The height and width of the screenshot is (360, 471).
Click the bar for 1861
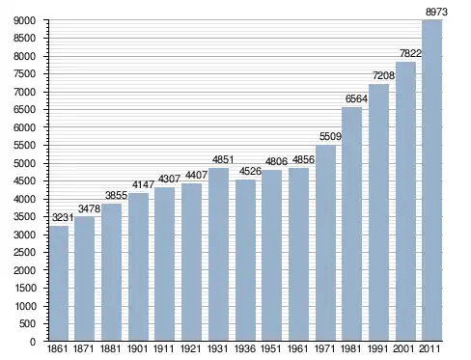click(59, 283)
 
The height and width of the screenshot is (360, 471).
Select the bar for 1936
click(245, 260)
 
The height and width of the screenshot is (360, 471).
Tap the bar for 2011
click(432, 180)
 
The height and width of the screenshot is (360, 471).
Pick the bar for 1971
click(325, 243)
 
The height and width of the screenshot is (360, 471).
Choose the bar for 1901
click(138, 266)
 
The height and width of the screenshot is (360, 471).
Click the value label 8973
click(436, 12)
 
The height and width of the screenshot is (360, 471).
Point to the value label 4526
click(250, 171)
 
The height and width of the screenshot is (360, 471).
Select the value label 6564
click(356, 98)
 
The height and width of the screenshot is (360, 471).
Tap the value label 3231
click(63, 217)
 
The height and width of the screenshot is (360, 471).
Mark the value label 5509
click(330, 136)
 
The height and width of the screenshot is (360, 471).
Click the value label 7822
click(410, 53)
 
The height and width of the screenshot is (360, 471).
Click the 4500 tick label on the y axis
click(24, 181)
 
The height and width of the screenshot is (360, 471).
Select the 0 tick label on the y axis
click(33, 342)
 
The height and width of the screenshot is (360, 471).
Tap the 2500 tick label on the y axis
click(24, 253)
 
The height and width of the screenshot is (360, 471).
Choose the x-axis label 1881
click(110, 348)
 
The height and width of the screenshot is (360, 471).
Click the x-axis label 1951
click(270, 348)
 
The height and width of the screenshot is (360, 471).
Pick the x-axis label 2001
click(403, 348)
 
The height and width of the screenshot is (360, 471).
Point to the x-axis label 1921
click(190, 348)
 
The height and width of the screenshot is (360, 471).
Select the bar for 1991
click(378, 212)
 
